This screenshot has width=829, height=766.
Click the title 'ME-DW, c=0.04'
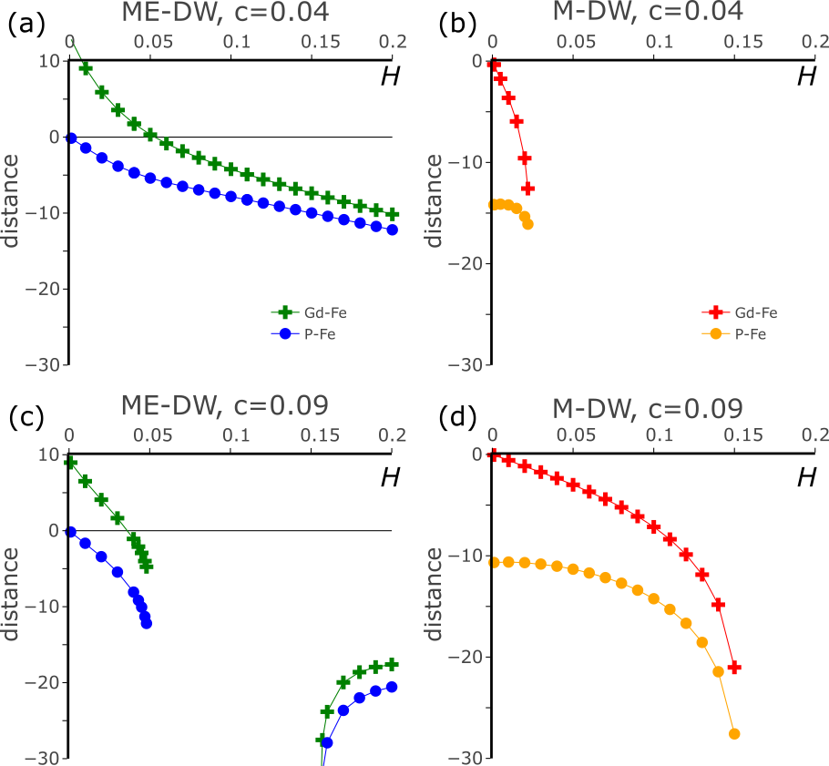[x=225, y=12]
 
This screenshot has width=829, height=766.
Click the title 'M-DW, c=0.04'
[x=648, y=12]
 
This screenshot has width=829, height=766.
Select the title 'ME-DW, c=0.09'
[x=225, y=405]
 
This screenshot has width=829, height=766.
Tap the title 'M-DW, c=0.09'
[x=648, y=408]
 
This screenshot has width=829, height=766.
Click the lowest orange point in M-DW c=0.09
[x=734, y=733]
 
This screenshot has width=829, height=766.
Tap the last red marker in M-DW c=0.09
[x=734, y=668]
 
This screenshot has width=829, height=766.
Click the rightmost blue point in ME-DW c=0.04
[x=393, y=230]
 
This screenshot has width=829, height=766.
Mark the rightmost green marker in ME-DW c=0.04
[x=393, y=213]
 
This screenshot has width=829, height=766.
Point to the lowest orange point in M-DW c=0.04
[x=527, y=224]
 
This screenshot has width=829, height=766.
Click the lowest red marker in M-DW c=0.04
[x=527, y=189]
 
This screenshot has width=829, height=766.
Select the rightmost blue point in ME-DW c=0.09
[x=393, y=687]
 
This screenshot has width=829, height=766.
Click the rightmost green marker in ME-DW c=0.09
[x=393, y=664]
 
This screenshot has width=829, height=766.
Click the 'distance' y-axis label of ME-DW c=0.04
[x=11, y=200]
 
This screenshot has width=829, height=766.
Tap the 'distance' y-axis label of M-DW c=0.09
[x=435, y=594]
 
